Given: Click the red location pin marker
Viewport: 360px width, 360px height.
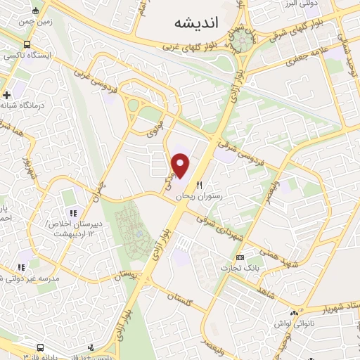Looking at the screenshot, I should tap(181, 165).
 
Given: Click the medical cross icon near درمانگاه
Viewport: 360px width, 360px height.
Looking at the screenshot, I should tap(7, 94).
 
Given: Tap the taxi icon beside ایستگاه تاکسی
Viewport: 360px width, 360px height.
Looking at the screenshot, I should tap(10, 54).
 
